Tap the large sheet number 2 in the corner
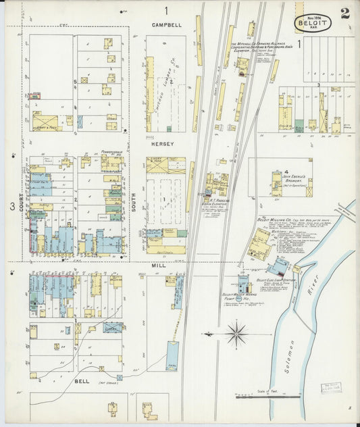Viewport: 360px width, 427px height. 345,14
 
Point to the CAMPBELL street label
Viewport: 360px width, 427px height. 166,25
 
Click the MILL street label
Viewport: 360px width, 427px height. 158,266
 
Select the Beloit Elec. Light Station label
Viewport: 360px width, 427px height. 272,280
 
